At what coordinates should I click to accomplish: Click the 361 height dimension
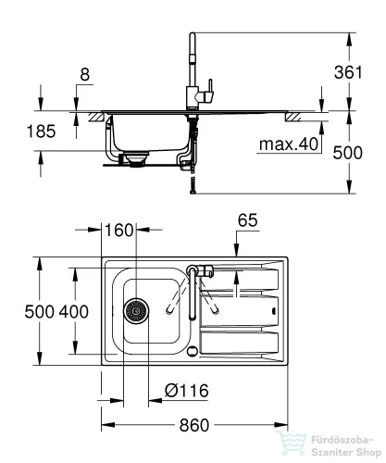[348, 72]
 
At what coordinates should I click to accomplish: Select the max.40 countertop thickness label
[289, 144]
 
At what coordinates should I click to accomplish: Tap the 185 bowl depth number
[41, 131]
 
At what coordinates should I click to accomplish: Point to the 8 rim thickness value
[84, 74]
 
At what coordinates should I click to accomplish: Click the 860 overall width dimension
[194, 425]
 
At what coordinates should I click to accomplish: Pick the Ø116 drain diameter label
[186, 391]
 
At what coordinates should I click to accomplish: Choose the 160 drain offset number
[118, 230]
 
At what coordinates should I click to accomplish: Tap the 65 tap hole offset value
[247, 220]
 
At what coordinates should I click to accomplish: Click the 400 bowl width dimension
[74, 311]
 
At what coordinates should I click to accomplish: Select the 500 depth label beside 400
[40, 311]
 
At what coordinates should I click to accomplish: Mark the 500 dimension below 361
[348, 153]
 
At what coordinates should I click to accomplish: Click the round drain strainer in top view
[136, 310]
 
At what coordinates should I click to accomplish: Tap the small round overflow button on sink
[193, 351]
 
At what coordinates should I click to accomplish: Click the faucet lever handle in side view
[210, 90]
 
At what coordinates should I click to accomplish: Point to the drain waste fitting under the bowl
[134, 159]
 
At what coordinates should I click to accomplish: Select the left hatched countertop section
[96, 118]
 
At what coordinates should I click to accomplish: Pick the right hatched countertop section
[293, 117]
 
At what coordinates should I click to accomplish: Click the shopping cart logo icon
[291, 444]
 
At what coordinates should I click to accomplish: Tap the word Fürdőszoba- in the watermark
[342, 440]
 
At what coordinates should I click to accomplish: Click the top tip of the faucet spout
[193, 33]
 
